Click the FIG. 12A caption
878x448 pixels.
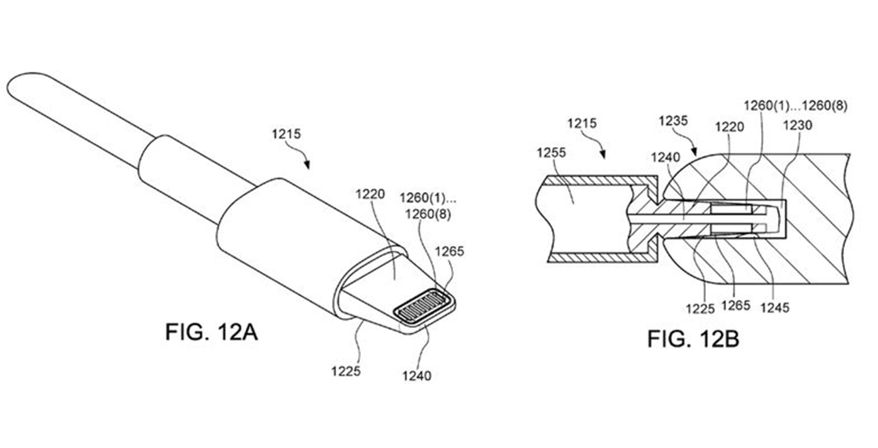coord(211,332)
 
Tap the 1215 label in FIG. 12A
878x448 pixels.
coord(286,134)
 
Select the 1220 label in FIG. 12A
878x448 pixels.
coord(370,194)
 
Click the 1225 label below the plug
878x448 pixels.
coord(346,371)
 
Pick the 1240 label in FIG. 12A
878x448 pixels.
coord(417,376)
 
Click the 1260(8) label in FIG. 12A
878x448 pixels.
coord(428,215)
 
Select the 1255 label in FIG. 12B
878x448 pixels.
coord(551,152)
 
